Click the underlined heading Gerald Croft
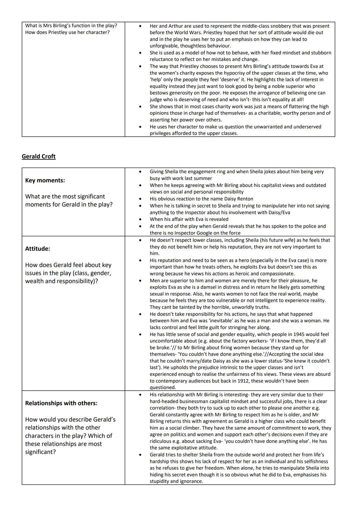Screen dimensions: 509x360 [x=39, y=156]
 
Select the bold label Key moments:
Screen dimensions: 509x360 [x=45, y=180]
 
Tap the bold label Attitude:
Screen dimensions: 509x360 [x=38, y=249]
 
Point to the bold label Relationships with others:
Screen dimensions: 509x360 [x=61, y=403]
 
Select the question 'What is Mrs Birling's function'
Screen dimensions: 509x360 [x=71, y=26]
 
